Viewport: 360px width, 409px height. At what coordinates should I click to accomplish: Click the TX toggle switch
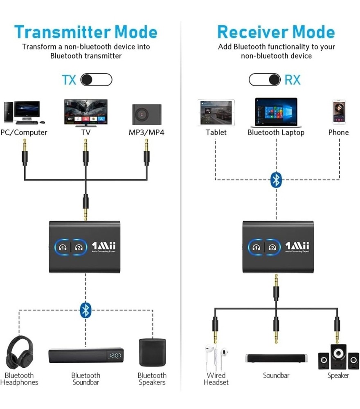(x=96, y=79)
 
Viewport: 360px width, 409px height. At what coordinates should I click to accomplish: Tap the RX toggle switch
(x=265, y=79)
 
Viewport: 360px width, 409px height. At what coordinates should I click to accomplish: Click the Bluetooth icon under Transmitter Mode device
(x=85, y=310)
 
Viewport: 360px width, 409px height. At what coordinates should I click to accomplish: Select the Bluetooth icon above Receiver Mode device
(x=277, y=180)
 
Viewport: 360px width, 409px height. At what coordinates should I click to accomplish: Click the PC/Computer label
(x=24, y=133)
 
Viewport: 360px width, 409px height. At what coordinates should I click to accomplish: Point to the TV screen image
(x=85, y=112)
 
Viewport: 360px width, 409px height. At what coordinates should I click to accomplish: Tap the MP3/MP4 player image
(x=146, y=114)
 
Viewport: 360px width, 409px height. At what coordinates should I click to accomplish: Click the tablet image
(x=216, y=112)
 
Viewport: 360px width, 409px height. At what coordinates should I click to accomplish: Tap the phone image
(x=339, y=112)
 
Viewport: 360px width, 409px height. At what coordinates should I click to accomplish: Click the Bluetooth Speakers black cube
(x=152, y=352)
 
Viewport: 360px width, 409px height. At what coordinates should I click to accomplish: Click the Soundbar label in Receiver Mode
(x=276, y=375)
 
